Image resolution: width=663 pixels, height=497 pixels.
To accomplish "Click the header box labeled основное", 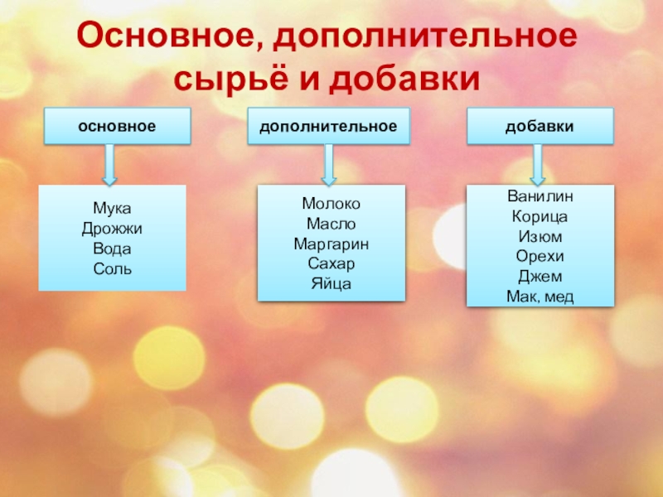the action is (x=117, y=127).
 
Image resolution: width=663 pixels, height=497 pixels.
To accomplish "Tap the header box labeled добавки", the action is (x=540, y=127).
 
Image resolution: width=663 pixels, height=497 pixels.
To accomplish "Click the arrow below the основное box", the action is (x=109, y=164).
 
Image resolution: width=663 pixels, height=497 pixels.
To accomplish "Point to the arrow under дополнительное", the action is (x=329, y=164).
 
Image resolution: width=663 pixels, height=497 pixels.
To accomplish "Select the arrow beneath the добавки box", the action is (x=537, y=164).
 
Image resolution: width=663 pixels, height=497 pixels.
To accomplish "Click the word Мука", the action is (x=112, y=210).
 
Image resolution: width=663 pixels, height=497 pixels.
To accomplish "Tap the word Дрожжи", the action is (x=112, y=229).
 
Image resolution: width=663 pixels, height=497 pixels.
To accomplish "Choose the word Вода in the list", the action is (x=112, y=249).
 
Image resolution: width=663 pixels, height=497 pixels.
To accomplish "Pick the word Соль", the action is (x=112, y=269).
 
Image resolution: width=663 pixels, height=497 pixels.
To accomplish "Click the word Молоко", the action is (x=331, y=204).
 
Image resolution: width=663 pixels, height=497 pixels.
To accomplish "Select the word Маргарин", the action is (x=331, y=244).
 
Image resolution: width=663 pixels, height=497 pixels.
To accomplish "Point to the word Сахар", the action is (x=331, y=263).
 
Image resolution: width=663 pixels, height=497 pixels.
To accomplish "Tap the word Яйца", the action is (x=331, y=283).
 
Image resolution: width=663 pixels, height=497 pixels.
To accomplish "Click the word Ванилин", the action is (x=540, y=197).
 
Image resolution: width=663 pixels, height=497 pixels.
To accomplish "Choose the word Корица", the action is (x=540, y=217).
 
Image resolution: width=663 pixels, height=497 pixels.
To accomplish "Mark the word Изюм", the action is (x=540, y=237).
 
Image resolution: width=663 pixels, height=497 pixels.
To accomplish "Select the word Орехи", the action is (x=540, y=257).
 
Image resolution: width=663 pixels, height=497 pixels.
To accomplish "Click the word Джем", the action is (x=540, y=277).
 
